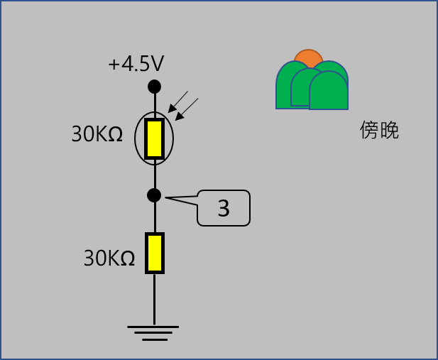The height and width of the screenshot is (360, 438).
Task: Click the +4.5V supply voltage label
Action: [136, 65]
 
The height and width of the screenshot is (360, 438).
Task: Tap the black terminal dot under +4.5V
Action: [154, 87]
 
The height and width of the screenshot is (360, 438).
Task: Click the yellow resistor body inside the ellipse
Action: [154, 139]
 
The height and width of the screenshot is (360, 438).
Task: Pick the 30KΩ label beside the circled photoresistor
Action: [98, 135]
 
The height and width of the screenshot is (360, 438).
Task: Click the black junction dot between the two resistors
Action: [154, 195]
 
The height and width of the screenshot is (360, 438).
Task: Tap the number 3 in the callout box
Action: [224, 208]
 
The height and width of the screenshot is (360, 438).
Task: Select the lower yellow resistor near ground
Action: [154, 253]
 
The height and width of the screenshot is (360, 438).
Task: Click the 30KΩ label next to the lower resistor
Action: [109, 258]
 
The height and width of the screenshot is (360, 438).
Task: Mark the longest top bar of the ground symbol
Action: [153, 327]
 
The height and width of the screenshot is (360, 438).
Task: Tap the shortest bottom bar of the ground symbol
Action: [153, 339]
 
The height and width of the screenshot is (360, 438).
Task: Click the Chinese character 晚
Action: [390, 131]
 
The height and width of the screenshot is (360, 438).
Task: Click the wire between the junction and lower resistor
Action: [154, 217]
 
